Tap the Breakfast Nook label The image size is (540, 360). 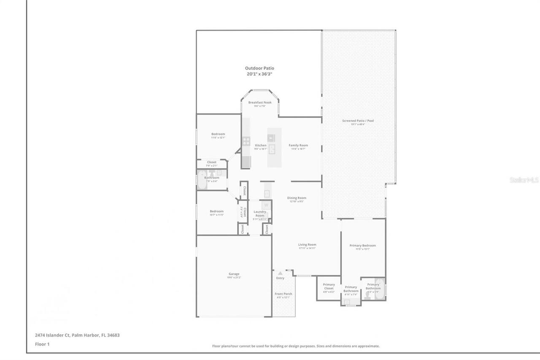[259, 103]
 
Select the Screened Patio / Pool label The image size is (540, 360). [358, 121]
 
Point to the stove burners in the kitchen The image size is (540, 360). [246, 140]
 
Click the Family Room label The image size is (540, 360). [298, 145]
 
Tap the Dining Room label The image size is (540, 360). [297, 198]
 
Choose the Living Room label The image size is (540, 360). [307, 245]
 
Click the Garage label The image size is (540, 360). [234, 274]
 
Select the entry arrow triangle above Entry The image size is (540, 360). [280, 273]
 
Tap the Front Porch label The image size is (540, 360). [283, 294]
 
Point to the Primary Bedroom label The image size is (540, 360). [362, 246]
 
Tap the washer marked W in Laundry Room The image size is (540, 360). [266, 205]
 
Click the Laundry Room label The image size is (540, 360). [260, 214]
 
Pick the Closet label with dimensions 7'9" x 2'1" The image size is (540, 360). [211, 162]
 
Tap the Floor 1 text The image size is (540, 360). [42, 344]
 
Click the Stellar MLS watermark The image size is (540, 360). [524, 180]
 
